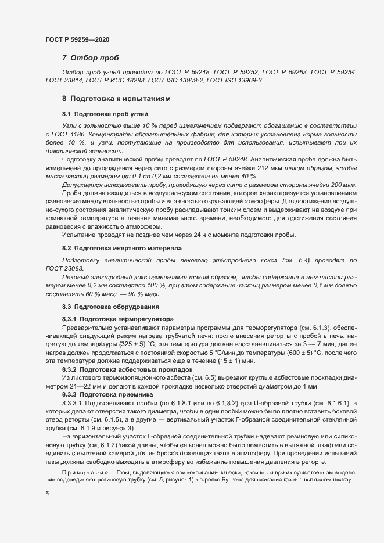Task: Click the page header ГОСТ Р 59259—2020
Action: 77,39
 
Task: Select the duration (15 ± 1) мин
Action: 234,361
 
